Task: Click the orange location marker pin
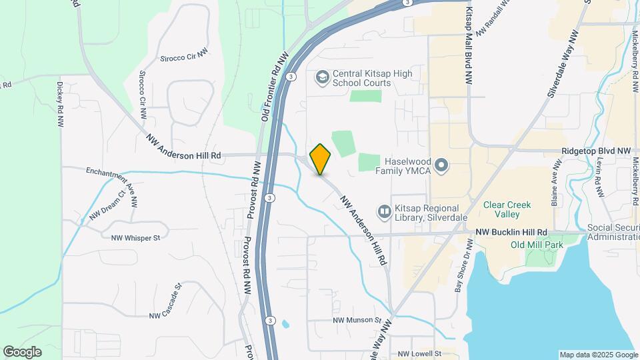coord(321,159)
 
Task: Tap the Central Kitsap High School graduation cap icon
coord(323,78)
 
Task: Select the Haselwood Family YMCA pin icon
coord(441,164)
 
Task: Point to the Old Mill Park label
coord(537,245)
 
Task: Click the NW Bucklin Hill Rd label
coord(511,232)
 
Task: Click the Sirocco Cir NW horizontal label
coord(183,58)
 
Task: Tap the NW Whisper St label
coord(136,237)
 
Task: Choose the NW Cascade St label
coord(165,305)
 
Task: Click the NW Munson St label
coord(357,321)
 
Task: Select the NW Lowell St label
coord(419,353)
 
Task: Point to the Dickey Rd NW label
coord(60,104)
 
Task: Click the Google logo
coord(22,352)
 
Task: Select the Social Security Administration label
coord(613,233)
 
